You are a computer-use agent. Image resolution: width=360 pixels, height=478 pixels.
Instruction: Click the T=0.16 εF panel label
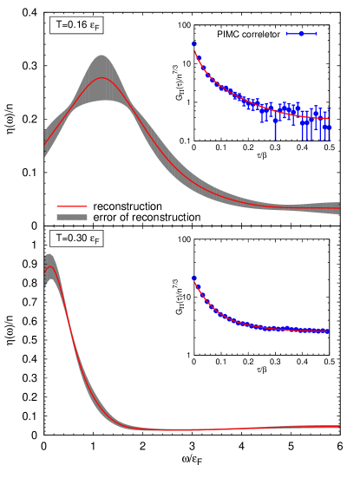click(75, 26)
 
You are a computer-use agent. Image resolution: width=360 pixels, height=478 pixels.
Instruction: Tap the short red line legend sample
click(72, 207)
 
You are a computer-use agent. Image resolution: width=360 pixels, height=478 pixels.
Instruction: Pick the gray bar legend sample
click(72, 218)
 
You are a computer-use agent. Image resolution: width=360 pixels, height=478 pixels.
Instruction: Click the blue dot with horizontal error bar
click(301, 33)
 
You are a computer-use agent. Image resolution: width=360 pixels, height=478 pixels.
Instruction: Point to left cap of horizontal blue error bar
click(286, 33)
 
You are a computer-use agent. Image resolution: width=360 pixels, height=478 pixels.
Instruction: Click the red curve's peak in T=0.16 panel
click(102, 78)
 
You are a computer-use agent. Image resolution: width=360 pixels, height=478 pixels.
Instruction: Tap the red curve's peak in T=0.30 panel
click(49, 268)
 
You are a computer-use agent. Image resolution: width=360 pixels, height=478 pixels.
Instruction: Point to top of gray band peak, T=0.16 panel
click(102, 56)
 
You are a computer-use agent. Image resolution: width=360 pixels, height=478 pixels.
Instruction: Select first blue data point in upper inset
click(194, 43)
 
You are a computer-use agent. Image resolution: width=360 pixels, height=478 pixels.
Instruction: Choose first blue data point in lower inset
click(193, 278)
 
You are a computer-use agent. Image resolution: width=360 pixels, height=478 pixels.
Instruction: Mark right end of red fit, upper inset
click(329, 118)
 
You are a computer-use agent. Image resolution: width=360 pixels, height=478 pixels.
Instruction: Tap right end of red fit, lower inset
click(329, 331)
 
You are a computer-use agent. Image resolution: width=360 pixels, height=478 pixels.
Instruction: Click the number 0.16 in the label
click(76, 26)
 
